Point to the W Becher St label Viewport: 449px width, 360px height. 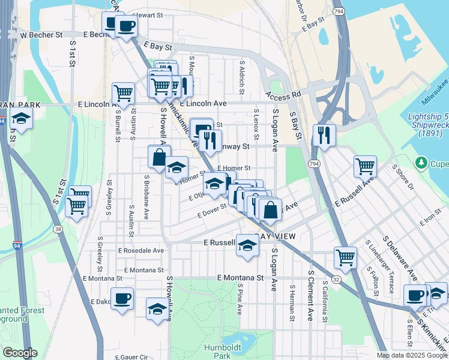[41, 35]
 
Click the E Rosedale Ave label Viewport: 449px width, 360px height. [141, 250]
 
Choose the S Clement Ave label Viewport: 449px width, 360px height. [310, 295]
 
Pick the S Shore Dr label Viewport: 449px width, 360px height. [403, 178]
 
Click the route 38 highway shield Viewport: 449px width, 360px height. [57, 229]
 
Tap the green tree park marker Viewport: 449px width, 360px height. [421, 163]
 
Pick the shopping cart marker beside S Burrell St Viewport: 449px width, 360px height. [122, 93]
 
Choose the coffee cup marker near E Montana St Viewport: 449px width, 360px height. [122, 298]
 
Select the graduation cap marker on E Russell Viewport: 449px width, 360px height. [247, 245]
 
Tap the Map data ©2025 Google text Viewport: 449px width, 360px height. [411, 355]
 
